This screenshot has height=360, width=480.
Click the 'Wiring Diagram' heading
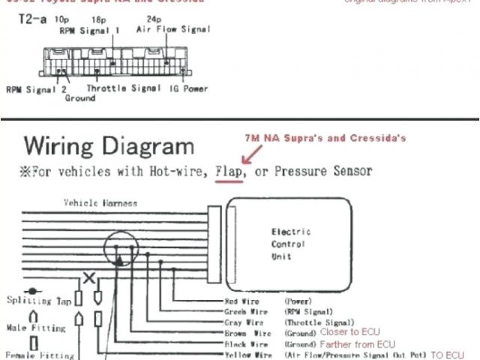pos(109,146)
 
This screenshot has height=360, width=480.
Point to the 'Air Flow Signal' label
pos(173,29)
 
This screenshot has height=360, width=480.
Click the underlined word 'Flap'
pos(227,171)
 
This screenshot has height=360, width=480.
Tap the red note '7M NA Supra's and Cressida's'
pos(325,139)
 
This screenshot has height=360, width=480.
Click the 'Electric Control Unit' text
pos(290,244)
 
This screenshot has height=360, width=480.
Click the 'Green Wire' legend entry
pos(244,311)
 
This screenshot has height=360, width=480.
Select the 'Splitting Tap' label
pos(38,301)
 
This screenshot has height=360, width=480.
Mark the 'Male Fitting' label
pos(35,328)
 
